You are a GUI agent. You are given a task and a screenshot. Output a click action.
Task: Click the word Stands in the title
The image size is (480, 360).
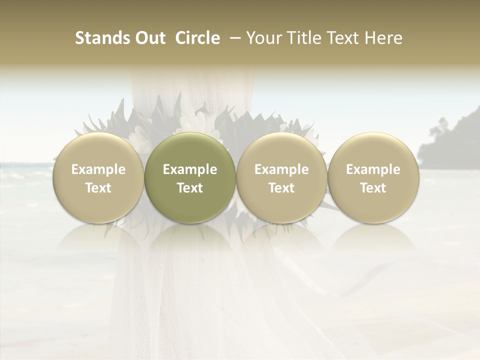click(x=98, y=38)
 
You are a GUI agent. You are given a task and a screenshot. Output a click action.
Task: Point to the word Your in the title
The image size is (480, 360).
click(x=262, y=38)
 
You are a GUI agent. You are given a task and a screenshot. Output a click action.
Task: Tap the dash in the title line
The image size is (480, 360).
click(x=233, y=38)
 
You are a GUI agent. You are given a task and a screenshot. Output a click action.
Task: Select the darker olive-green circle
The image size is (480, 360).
click(x=190, y=178)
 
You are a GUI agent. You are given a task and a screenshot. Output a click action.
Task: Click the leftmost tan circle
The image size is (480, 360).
click(x=98, y=178)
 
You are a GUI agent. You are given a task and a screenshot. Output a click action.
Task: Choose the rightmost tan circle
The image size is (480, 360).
click(x=373, y=178)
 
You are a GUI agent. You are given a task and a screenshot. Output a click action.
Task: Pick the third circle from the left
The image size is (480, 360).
click(x=281, y=178)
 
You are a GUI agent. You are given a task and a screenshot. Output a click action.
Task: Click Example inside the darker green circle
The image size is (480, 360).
click(x=190, y=169)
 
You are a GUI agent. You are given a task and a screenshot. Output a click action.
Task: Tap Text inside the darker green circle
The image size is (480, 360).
click(x=190, y=188)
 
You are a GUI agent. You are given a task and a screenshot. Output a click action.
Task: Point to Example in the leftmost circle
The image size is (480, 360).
click(x=98, y=169)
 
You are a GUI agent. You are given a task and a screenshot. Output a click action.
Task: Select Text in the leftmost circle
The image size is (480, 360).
click(x=98, y=188)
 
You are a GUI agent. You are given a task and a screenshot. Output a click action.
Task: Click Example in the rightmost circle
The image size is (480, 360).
click(x=373, y=169)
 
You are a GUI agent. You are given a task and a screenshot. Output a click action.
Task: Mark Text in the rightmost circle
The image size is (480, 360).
click(x=373, y=188)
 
